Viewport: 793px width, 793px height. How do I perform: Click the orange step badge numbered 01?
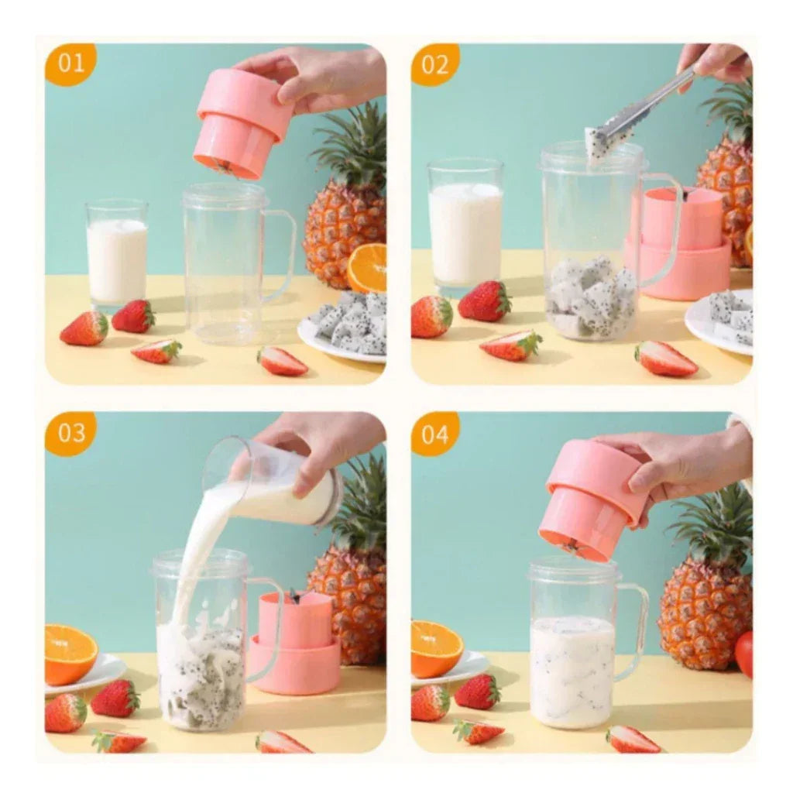(70, 64)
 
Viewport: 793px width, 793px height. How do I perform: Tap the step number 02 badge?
(435, 64)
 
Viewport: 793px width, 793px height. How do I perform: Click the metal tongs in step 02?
(643, 108)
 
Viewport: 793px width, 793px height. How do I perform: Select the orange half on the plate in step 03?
(70, 653)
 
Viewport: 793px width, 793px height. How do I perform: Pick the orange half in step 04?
(435, 647)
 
